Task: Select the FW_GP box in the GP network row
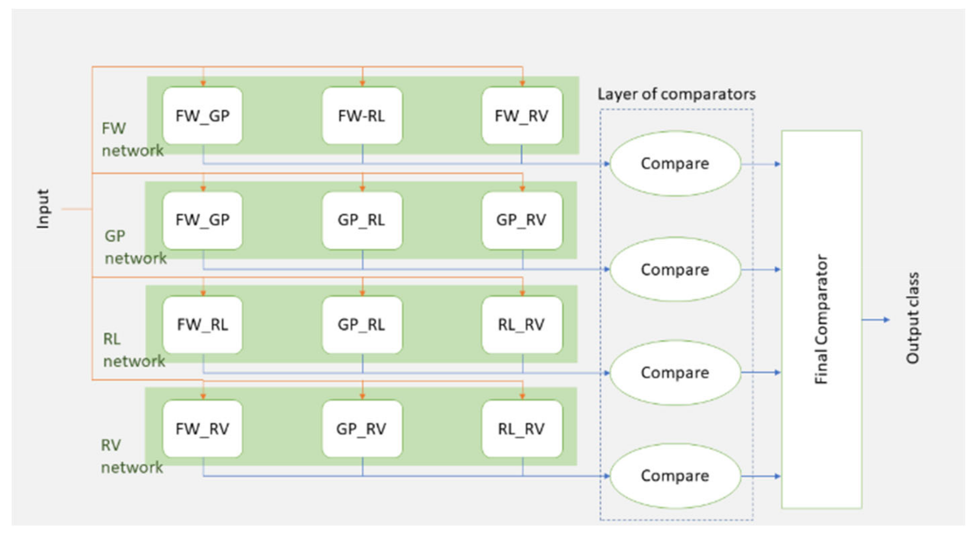[202, 220]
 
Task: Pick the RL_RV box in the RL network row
[522, 325]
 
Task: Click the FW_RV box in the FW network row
[522, 116]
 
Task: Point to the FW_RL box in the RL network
[202, 325]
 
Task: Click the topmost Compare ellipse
[675, 164]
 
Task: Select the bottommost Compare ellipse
[675, 476]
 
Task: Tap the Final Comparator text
[821, 319]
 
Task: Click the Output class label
[913, 318]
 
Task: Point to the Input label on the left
[43, 209]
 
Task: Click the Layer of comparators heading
[676, 95]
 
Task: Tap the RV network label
[131, 456]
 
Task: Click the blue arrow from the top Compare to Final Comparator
[760, 164]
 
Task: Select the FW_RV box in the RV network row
[202, 429]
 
